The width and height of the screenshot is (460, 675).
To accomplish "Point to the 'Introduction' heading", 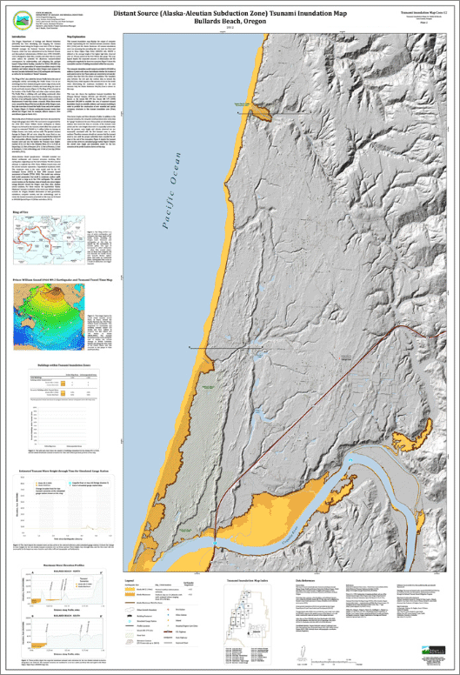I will [24, 36].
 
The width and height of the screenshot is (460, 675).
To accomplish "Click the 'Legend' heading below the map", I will [128, 578].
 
